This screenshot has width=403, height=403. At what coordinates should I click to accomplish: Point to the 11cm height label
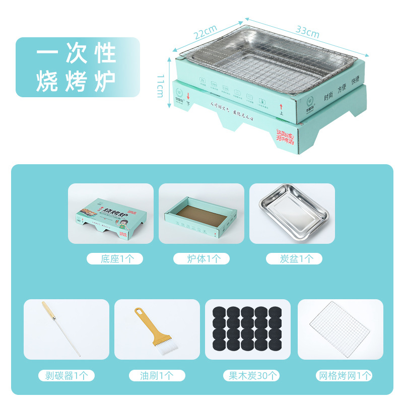[x=160, y=85]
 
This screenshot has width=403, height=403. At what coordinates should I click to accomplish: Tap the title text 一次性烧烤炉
[x=77, y=68]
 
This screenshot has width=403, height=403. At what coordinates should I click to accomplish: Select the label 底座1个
[x=114, y=259]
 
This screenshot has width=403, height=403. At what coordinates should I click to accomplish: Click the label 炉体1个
[x=201, y=259]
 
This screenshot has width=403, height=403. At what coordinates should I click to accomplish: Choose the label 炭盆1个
[x=294, y=259]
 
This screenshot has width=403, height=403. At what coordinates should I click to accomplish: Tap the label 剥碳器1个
[x=66, y=375]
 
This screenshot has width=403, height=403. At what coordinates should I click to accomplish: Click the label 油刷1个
[x=157, y=375]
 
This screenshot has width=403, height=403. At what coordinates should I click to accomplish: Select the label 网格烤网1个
[x=344, y=375]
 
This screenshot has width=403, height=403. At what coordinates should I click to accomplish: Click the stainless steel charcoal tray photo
[x=292, y=213]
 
